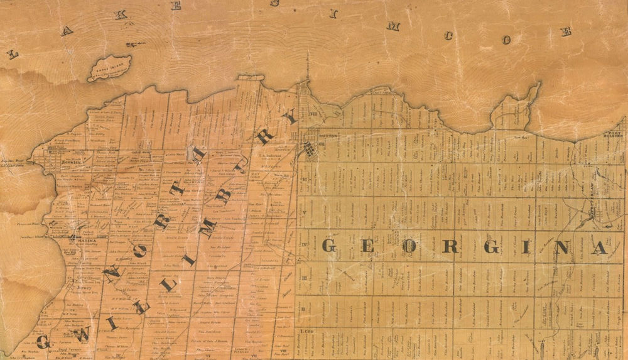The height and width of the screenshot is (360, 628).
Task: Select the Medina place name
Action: click(84, 237)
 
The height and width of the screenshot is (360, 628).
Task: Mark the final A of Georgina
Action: click(600, 248)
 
